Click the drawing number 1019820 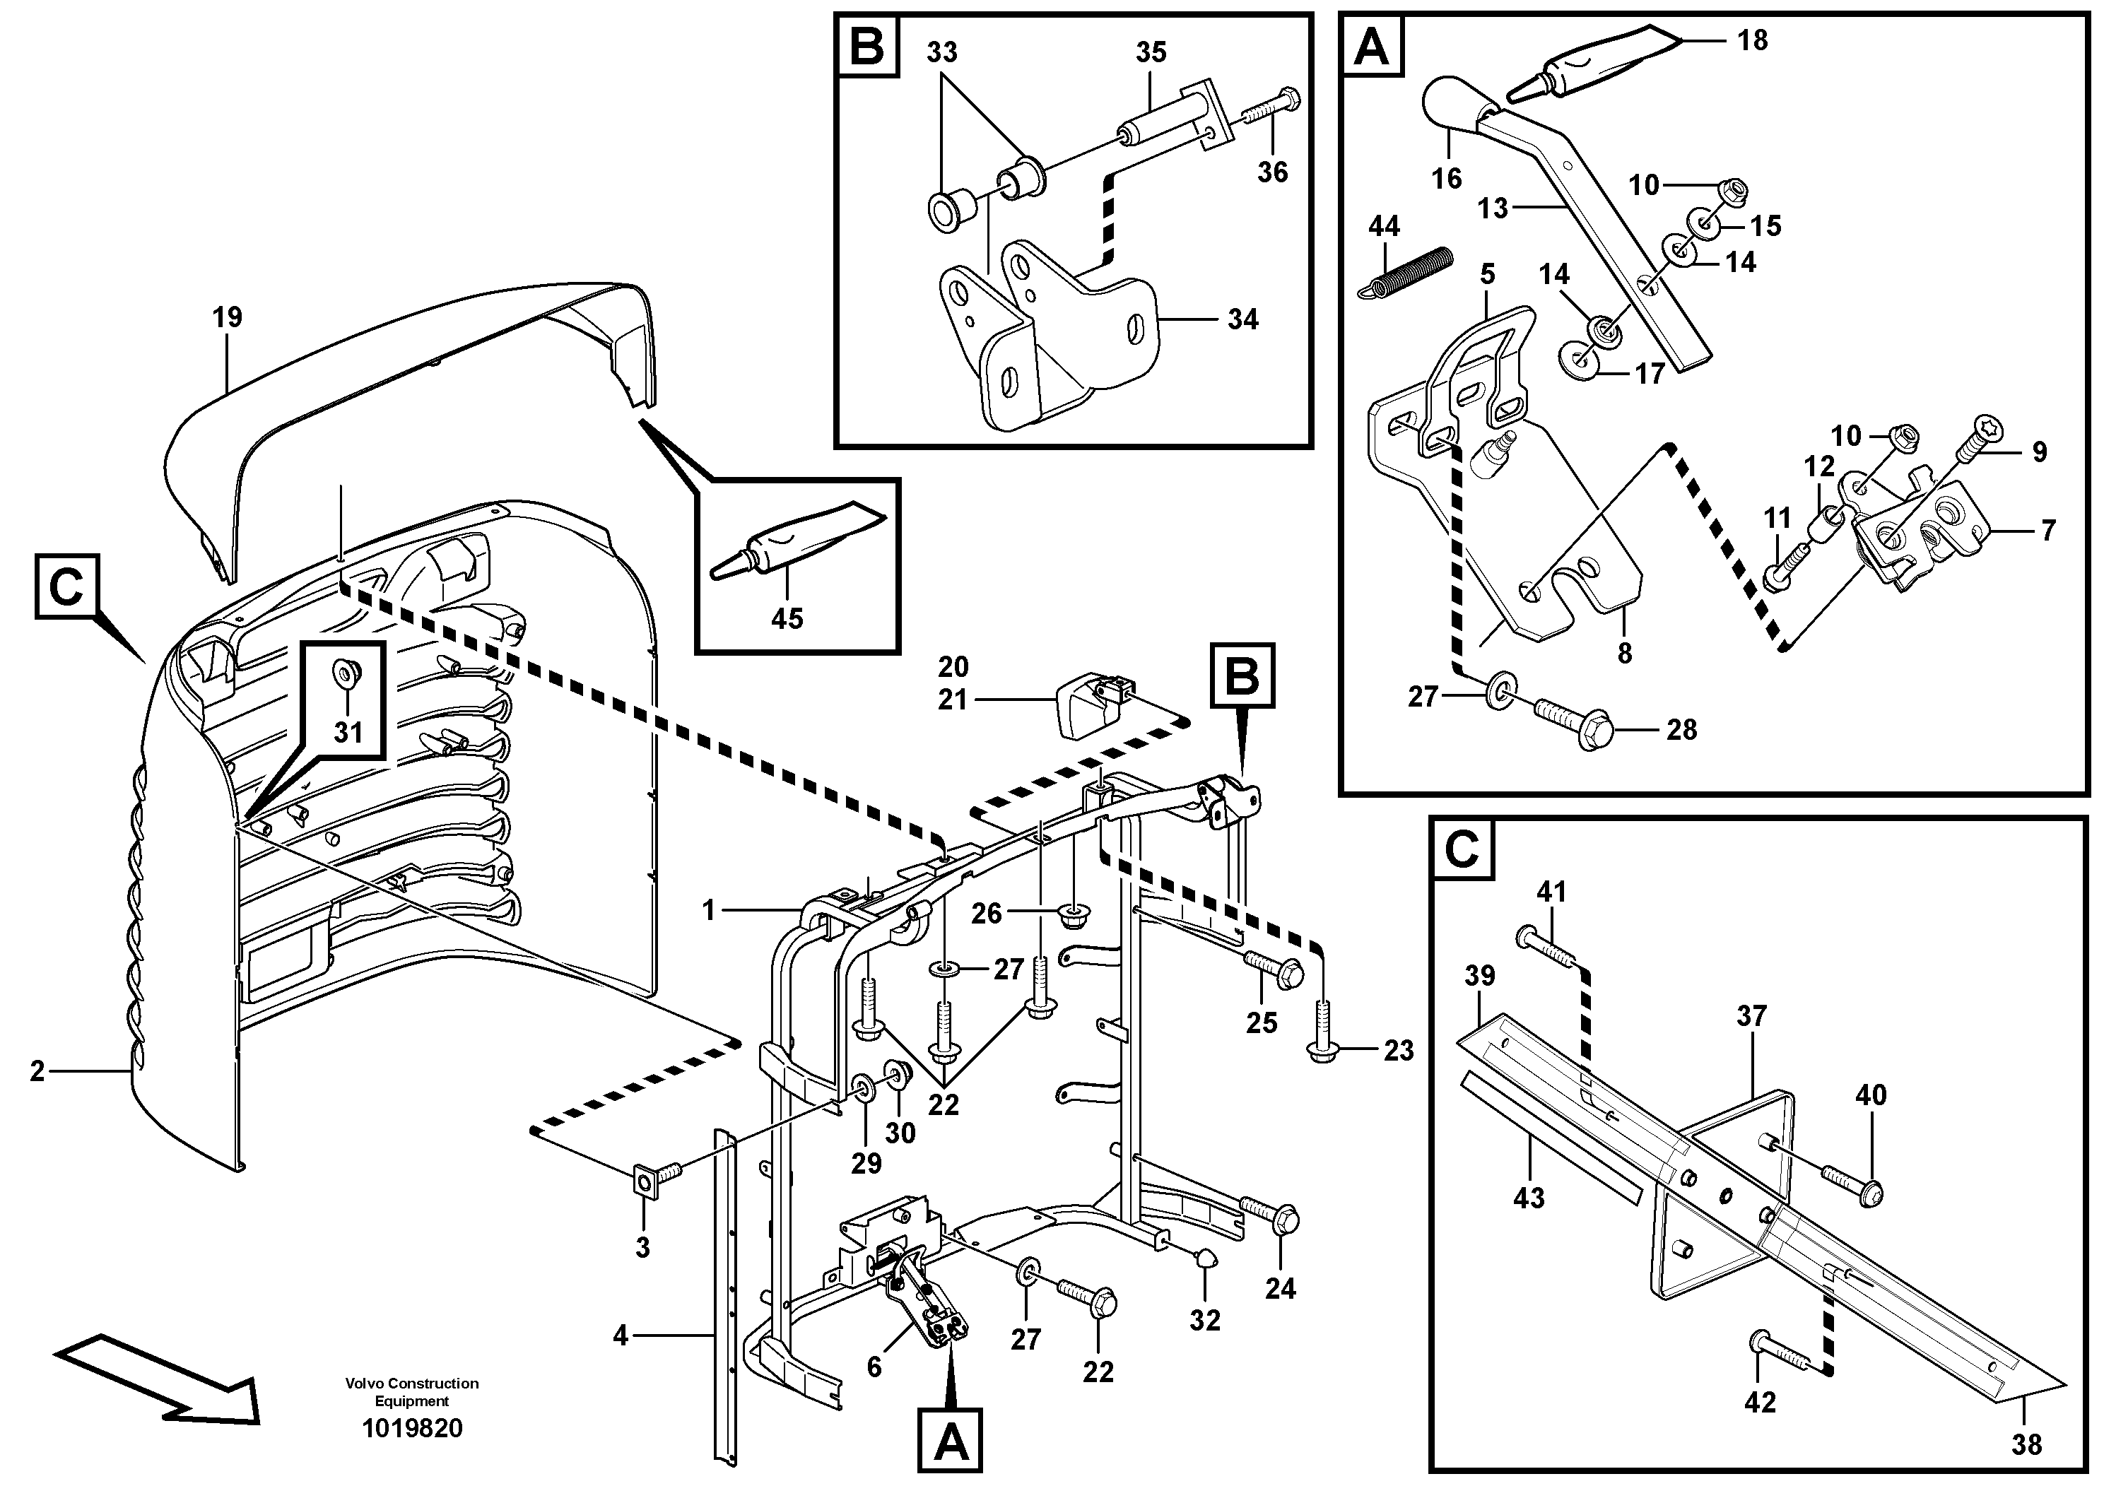click(x=412, y=1428)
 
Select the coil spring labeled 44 click(x=1406, y=273)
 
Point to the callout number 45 click(x=786, y=618)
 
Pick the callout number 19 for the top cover click(x=228, y=318)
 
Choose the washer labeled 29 click(x=863, y=1087)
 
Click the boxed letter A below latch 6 click(x=951, y=1445)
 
